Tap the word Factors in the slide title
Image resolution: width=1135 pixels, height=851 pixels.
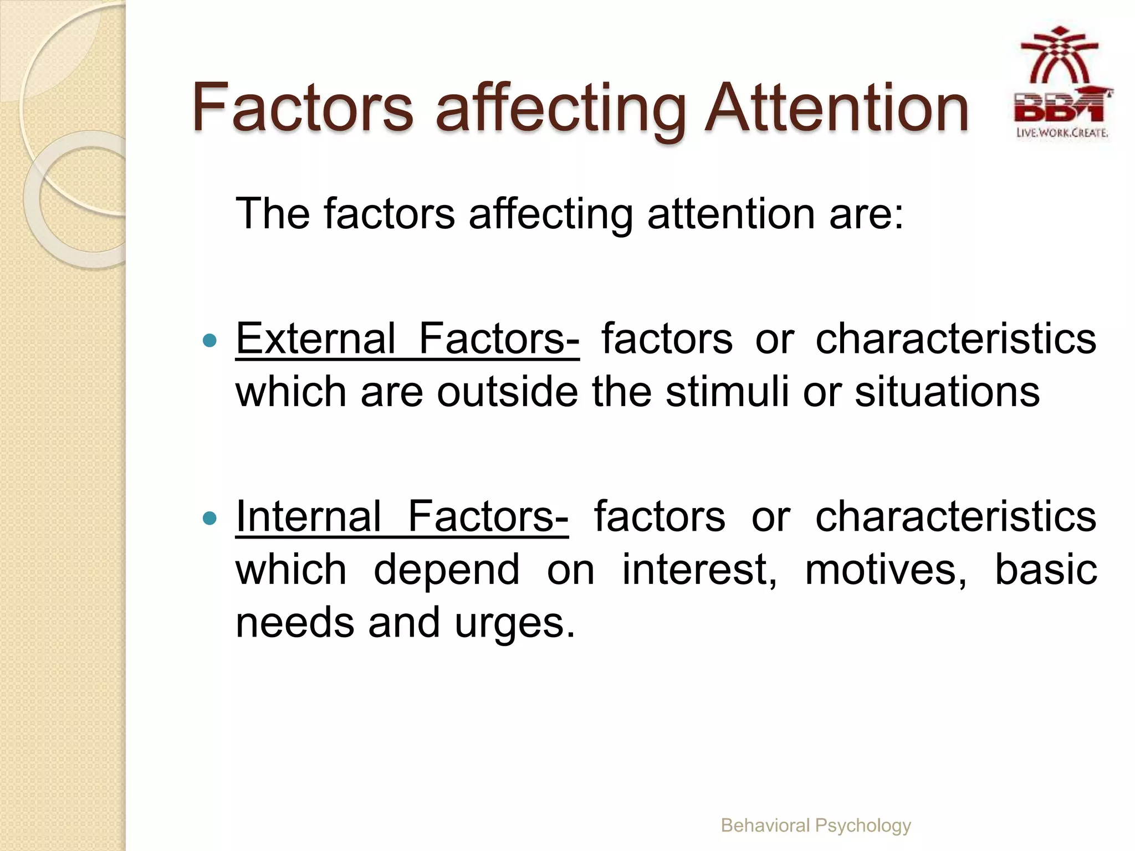(x=303, y=108)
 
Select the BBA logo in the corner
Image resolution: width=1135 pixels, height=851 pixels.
(x=1061, y=83)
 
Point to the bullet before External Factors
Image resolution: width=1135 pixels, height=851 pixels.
(x=209, y=340)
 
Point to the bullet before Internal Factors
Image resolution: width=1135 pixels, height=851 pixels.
(x=209, y=518)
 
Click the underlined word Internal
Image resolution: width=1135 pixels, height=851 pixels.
(x=308, y=516)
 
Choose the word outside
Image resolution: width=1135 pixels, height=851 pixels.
(x=507, y=392)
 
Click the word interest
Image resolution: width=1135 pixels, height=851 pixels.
(x=699, y=570)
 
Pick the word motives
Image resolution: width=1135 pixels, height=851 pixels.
(x=885, y=570)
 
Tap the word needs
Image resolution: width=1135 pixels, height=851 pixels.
(x=294, y=623)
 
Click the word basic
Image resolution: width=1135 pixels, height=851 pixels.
(x=1045, y=569)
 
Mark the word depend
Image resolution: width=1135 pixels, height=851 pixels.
(x=447, y=570)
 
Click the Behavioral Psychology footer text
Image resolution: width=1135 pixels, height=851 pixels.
(x=815, y=826)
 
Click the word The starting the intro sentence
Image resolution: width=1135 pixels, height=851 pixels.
(x=272, y=214)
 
